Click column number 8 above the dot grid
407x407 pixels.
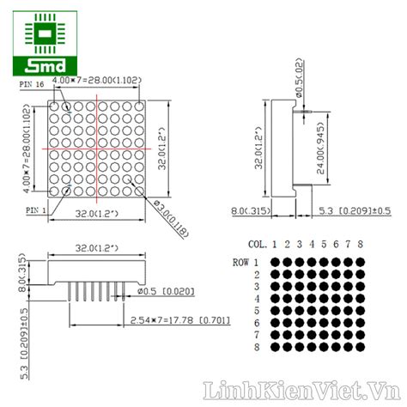pos(361,243)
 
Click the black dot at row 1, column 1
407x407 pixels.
pos(276,262)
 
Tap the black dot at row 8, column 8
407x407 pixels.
pos(361,347)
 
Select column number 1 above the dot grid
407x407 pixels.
pos(276,243)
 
